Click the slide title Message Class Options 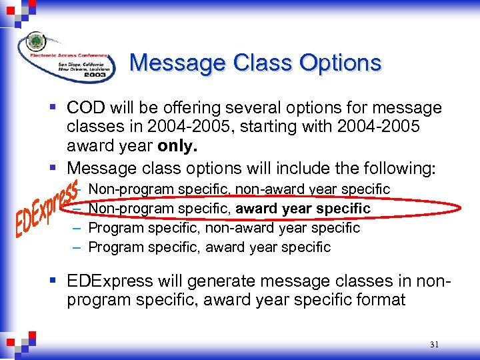point(255,63)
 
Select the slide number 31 point(435,345)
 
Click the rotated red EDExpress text point(47,207)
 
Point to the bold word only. point(177,145)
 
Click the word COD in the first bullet point(87,107)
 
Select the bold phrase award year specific point(303,209)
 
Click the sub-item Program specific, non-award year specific point(224,228)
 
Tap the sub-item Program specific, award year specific point(209,247)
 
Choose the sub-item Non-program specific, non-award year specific point(239,190)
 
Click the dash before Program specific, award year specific point(77,247)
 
